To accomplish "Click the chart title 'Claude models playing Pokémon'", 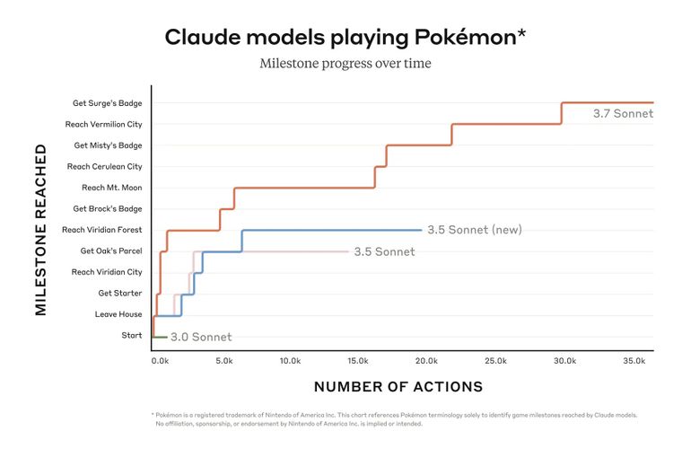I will click(345, 37).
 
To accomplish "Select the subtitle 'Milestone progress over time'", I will click(345, 64).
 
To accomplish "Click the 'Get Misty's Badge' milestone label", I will click(108, 145).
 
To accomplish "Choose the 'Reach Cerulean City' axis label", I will click(104, 166).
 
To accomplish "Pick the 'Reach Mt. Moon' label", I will click(111, 188).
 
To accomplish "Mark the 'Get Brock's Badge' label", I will click(108, 208).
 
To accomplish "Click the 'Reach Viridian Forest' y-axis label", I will click(102, 230).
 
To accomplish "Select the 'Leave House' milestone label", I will click(118, 314).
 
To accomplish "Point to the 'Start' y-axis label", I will click(131, 335).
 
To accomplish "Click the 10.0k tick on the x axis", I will click(290, 360).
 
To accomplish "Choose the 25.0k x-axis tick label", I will click(496, 360).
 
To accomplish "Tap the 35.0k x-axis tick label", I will click(634, 360).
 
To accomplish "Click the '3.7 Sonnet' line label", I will click(623, 114).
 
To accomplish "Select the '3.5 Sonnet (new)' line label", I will click(474, 230).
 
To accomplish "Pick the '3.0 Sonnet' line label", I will click(201, 338).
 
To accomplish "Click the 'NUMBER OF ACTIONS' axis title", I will click(398, 387).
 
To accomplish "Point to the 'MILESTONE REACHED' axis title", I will click(40, 230).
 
